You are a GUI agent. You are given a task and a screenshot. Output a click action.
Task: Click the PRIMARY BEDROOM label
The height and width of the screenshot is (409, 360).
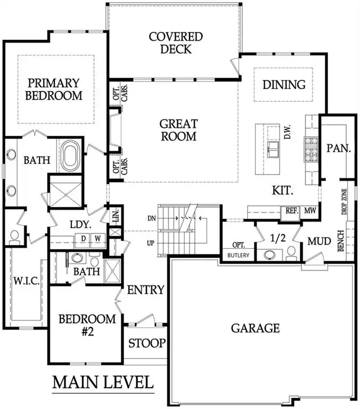(x=55, y=89)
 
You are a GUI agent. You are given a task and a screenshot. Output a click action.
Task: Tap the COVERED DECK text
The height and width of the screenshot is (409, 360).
(x=176, y=43)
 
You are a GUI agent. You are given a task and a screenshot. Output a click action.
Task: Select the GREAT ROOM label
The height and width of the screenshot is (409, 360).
(x=178, y=130)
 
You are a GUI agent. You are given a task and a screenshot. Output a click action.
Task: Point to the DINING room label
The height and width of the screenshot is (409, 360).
(x=284, y=85)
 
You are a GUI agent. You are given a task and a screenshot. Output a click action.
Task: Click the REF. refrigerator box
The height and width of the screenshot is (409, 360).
(x=292, y=211)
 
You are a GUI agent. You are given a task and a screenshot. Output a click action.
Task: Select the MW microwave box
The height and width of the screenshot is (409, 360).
(x=310, y=211)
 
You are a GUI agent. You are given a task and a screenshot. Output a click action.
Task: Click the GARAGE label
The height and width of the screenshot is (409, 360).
(x=255, y=328)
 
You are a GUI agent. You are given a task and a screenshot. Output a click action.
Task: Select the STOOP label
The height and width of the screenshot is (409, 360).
(x=147, y=343)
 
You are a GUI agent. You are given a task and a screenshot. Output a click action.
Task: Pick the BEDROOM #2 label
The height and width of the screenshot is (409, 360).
(x=87, y=324)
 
